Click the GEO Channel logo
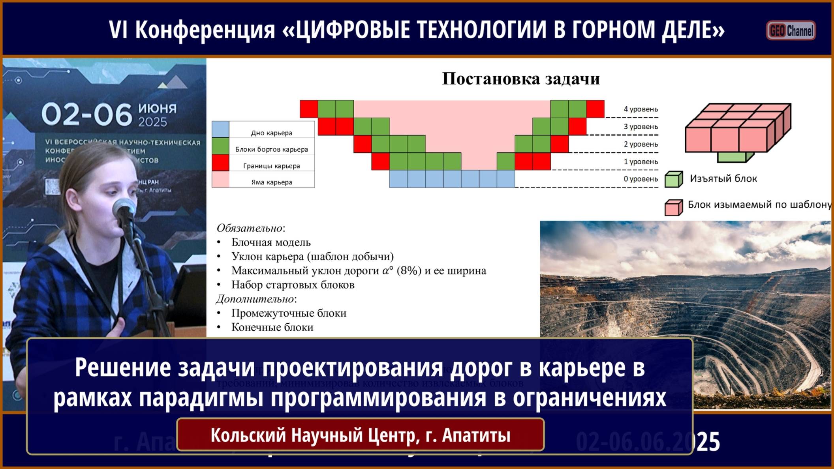pyautogui.click(x=791, y=30)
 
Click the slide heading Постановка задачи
pyautogui.click(x=520, y=79)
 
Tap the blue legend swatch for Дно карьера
pyautogui.click(x=220, y=129)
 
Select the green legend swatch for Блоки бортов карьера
pyautogui.click(x=220, y=146)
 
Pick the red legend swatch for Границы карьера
pyautogui.click(x=220, y=163)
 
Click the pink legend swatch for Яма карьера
pyautogui.click(x=220, y=179)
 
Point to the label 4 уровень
pyautogui.click(x=641, y=109)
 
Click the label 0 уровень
pyautogui.click(x=641, y=179)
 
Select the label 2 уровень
pyautogui.click(x=641, y=144)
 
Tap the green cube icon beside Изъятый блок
pyautogui.click(x=674, y=179)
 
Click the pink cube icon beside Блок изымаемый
pyautogui.click(x=674, y=207)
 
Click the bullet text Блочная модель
pyautogui.click(x=271, y=242)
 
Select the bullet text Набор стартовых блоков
pyautogui.click(x=293, y=285)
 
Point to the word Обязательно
pyautogui.click(x=250, y=228)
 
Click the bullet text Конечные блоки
pyautogui.click(x=272, y=327)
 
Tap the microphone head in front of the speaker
pyautogui.click(x=124, y=208)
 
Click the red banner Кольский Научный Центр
pyautogui.click(x=360, y=435)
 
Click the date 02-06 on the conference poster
pyautogui.click(x=86, y=114)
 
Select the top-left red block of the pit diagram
pyautogui.click(x=309, y=109)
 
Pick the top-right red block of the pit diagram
pyautogui.click(x=595, y=109)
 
